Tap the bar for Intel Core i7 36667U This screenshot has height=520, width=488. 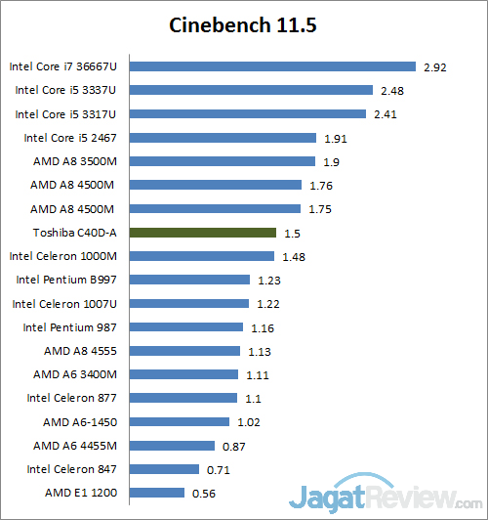272,66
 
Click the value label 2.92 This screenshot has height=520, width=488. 434,67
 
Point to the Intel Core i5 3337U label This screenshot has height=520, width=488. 65,90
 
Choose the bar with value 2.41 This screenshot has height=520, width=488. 247,113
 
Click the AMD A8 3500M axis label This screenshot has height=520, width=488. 73,161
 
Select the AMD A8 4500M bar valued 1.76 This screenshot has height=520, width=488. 215,185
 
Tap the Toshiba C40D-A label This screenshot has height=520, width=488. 74,233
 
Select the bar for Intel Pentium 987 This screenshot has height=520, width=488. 186,327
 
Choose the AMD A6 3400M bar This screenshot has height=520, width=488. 183,374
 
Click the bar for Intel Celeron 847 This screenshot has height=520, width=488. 164,469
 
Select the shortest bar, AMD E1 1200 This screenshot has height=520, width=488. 157,493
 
